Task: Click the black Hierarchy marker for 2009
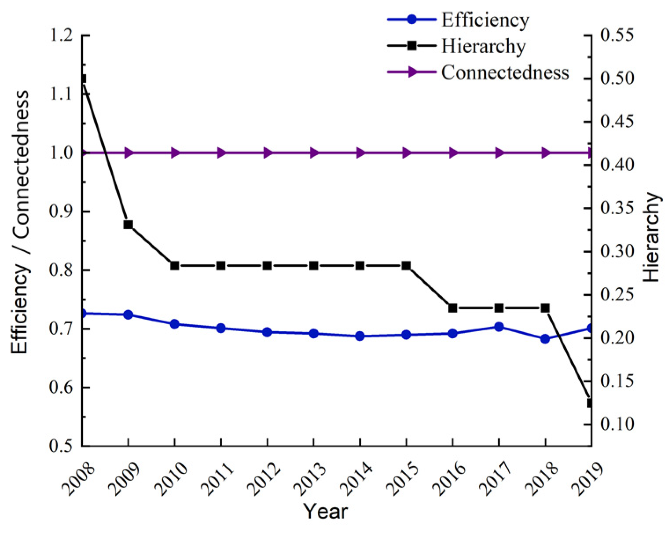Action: (x=128, y=225)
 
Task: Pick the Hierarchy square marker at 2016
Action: (x=452, y=308)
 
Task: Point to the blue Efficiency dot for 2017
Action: (x=499, y=327)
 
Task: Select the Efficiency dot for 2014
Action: (x=360, y=336)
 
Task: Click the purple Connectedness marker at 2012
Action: (x=268, y=153)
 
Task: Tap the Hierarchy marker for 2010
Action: (x=175, y=266)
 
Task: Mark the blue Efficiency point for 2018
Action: (x=545, y=339)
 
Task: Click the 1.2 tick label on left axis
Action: (x=61, y=35)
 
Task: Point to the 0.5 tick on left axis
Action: (x=61, y=446)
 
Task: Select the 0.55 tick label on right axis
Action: (x=617, y=35)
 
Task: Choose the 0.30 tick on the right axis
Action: (x=617, y=252)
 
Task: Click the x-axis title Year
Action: (x=326, y=512)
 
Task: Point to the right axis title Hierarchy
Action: (x=652, y=238)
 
